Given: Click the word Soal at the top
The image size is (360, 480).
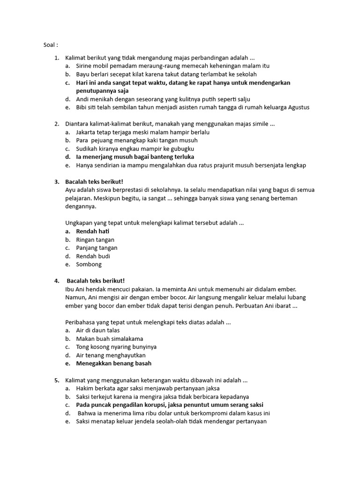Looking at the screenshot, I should [x=48, y=45].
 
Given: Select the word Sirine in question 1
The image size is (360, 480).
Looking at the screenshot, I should [x=85, y=66].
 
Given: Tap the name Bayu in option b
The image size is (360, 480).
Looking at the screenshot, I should [x=83, y=74].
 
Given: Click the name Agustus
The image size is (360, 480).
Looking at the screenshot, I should [x=296, y=107].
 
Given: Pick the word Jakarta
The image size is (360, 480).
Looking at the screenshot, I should [x=88, y=132].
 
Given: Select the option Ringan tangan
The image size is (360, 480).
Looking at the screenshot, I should [x=95, y=240].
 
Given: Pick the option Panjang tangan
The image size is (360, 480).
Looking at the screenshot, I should [x=97, y=248].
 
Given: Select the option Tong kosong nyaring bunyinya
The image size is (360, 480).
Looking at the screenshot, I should [x=116, y=347].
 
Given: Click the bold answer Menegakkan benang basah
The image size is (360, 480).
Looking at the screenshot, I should [x=114, y=363].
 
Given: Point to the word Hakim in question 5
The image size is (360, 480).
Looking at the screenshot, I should [x=85, y=389].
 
